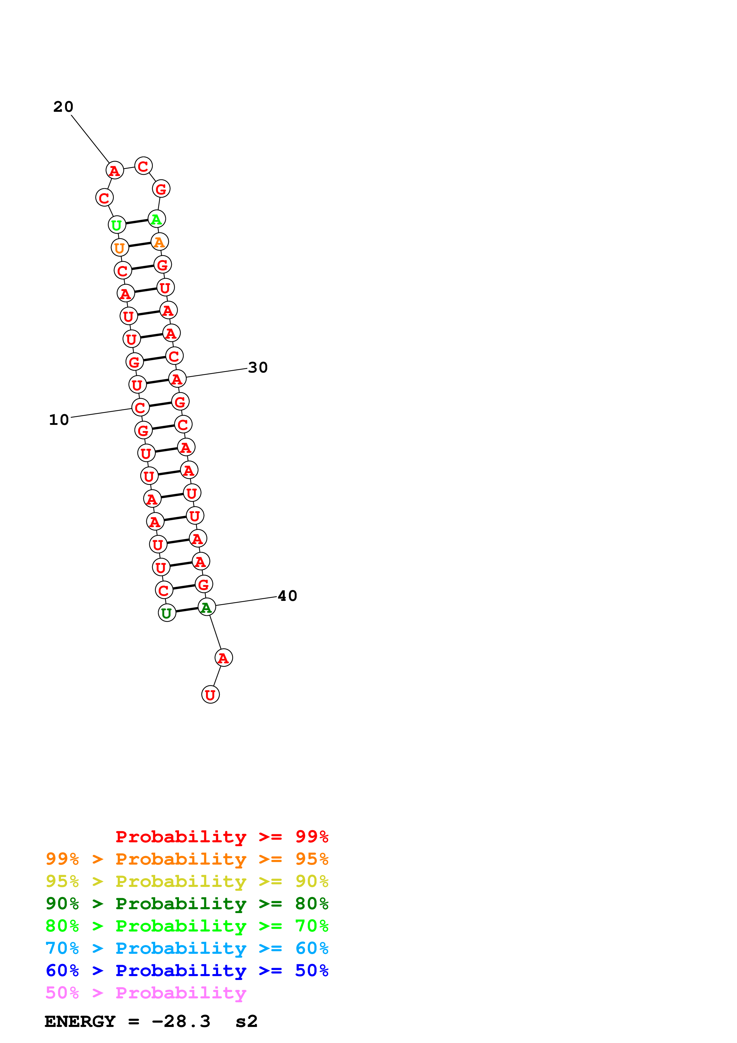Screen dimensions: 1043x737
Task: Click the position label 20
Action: click(63, 107)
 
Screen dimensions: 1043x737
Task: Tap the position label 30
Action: click(258, 367)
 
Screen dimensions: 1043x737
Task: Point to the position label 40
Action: click(287, 596)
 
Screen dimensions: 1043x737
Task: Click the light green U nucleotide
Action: click(117, 225)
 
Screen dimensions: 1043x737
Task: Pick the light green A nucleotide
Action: click(157, 219)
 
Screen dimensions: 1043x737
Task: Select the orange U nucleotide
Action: click(120, 248)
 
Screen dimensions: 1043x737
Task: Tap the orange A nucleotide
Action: click(159, 242)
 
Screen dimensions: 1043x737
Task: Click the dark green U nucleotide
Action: click(167, 613)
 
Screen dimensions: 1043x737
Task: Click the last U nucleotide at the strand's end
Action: click(210, 695)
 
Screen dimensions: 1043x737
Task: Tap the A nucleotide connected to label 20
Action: click(114, 170)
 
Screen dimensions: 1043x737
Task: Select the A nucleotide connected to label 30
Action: click(177, 378)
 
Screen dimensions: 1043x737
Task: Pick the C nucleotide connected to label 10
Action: click(140, 408)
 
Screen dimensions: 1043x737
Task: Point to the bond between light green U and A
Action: click(137, 222)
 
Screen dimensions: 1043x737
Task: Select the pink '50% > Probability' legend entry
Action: click(146, 993)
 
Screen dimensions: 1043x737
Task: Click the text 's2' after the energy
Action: click(246, 1022)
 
